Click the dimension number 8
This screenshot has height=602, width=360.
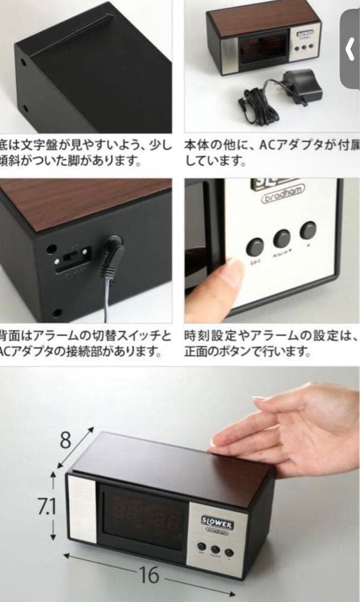pos(66,440)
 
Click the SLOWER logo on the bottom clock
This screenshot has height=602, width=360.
pos(217,523)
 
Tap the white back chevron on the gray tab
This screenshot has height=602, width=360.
pos(350,50)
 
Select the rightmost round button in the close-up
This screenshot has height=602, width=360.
pos(308,230)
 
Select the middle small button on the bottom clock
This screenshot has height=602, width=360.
pos(216,550)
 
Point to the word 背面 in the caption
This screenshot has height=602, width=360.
pos(11,336)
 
